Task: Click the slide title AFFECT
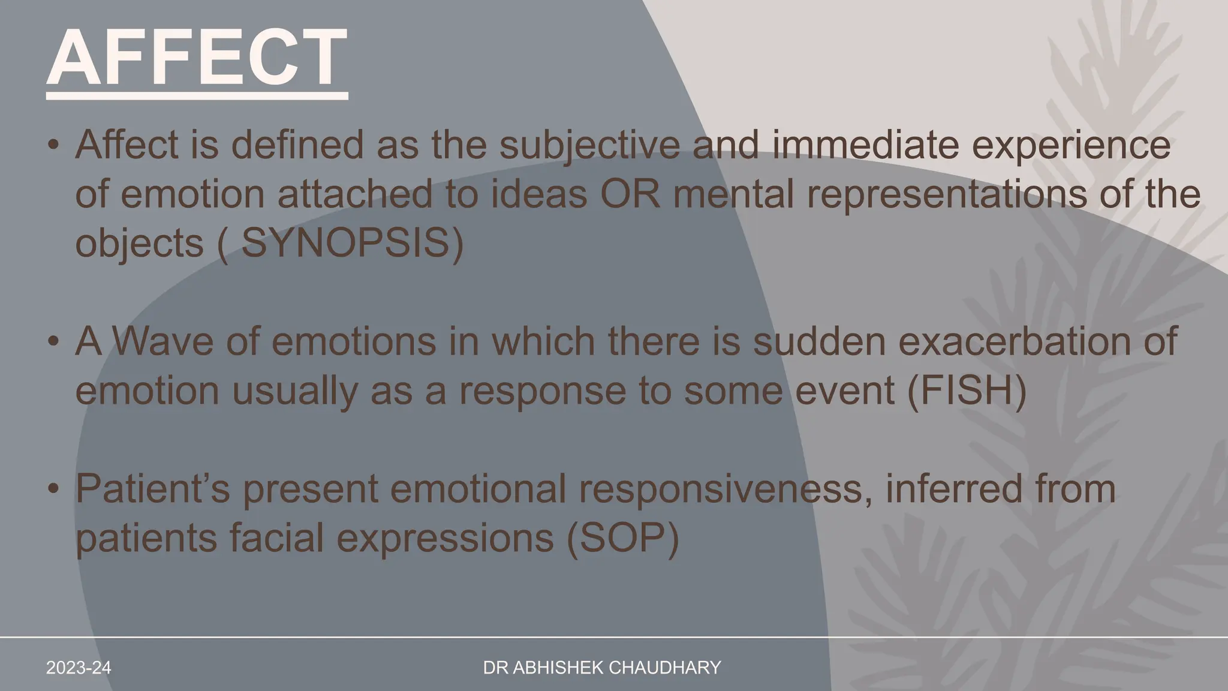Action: [197, 59]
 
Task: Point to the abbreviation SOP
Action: [622, 537]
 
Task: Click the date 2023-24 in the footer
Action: [79, 668]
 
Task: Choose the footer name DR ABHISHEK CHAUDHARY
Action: [602, 668]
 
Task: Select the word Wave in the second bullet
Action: [163, 341]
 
